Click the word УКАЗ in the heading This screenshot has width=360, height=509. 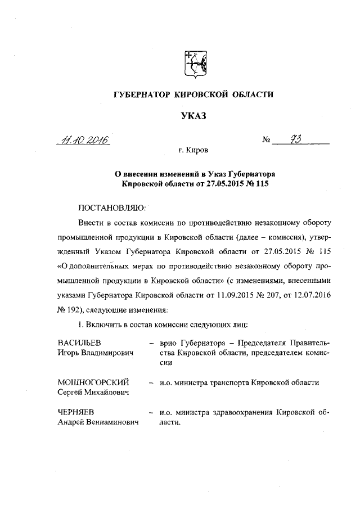[x=194, y=116]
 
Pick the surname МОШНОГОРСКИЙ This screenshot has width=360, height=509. [x=94, y=382]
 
